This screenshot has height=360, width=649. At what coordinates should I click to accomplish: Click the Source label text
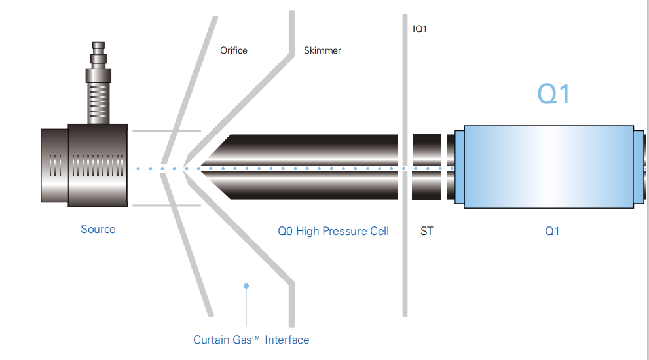pos(98,229)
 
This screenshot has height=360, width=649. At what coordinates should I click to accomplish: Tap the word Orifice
pos(234,50)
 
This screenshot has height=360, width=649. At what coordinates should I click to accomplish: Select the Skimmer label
pos(322,50)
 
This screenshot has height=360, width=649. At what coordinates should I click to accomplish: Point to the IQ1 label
pos(420,29)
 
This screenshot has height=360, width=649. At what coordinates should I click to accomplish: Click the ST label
pos(426,231)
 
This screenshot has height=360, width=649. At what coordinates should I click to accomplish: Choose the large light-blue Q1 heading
pos(553,95)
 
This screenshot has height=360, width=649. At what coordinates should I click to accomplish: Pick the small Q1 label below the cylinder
pos(552,231)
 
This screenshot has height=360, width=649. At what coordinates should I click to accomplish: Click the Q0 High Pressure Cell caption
pos(333,231)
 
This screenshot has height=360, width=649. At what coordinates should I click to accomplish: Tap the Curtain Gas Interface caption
pos(251,340)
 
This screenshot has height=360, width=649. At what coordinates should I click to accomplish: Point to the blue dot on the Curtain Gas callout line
pos(246,286)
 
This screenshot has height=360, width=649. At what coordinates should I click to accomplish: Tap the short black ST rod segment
pos(426,168)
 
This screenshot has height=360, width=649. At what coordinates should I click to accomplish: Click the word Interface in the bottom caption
pos(287,340)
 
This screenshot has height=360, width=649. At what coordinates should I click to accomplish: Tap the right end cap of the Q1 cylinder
pos(639,168)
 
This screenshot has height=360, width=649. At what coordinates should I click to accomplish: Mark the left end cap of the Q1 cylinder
pos(458,168)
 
